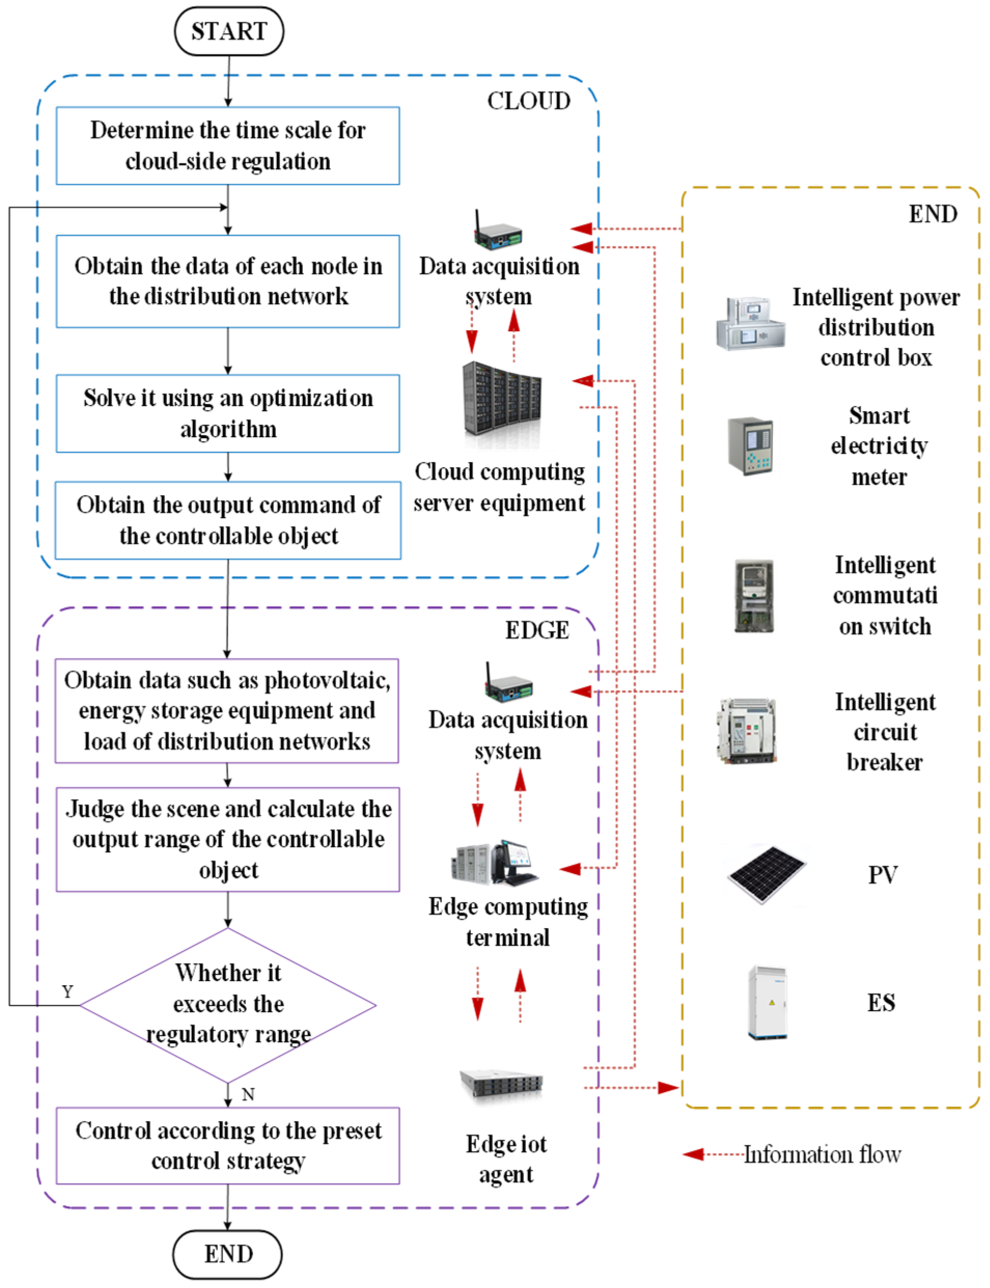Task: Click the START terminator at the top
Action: [x=229, y=31]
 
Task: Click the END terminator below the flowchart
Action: [x=228, y=1254]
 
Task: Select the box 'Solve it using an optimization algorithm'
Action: [x=228, y=414]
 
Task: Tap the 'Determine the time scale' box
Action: [x=228, y=146]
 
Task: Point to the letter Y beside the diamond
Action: [x=68, y=991]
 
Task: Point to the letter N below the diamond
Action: [x=248, y=1094]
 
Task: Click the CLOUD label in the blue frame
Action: [x=528, y=101]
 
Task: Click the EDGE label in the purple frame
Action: [x=537, y=631]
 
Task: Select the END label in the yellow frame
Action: [x=932, y=214]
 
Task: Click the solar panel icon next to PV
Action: [x=766, y=874]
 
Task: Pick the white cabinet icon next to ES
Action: [x=766, y=1002]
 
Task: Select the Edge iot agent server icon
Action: [x=501, y=1084]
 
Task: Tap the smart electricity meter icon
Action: [x=750, y=446]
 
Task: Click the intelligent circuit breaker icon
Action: [x=747, y=731]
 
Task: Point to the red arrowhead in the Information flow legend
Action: [x=693, y=1154]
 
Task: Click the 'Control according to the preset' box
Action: [x=228, y=1145]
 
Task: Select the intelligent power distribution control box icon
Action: [x=750, y=324]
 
